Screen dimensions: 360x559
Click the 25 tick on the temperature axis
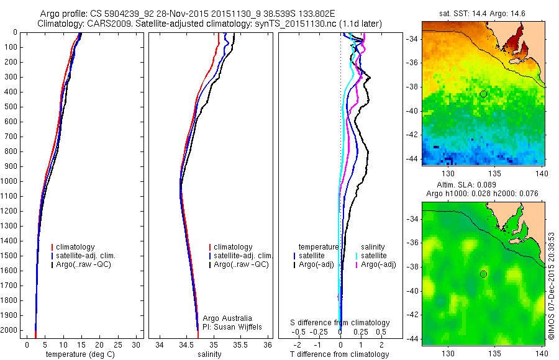click(x=117, y=344)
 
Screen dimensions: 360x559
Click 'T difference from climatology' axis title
click(x=339, y=354)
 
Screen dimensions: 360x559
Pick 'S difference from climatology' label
click(x=340, y=323)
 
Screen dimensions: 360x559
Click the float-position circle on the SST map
click(x=483, y=94)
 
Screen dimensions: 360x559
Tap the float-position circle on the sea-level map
click(x=483, y=274)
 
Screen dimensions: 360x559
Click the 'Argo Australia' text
click(x=228, y=318)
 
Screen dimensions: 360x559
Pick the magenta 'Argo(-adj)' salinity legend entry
click(x=378, y=264)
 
